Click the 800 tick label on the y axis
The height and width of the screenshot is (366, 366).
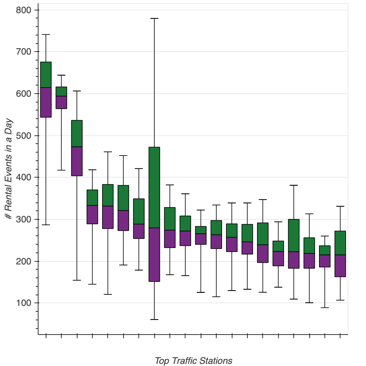[23, 10]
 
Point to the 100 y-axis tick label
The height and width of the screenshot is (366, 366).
[23, 303]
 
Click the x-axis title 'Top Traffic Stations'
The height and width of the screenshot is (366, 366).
[193, 361]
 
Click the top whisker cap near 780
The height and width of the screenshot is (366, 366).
[154, 19]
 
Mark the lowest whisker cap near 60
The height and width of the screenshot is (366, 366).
[154, 319]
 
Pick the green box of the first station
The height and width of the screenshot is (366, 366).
[46, 75]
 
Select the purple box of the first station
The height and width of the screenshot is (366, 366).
[46, 102]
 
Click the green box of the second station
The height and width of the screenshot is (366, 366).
[61, 91]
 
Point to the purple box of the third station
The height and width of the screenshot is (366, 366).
[77, 161]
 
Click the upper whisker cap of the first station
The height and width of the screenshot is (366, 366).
[46, 35]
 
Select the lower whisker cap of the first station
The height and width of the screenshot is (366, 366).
[46, 225]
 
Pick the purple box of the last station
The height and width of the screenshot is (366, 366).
[340, 266]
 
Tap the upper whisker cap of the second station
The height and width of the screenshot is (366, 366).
[61, 75]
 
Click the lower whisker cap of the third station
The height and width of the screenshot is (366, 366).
[77, 280]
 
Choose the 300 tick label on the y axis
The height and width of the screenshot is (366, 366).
[23, 219]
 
